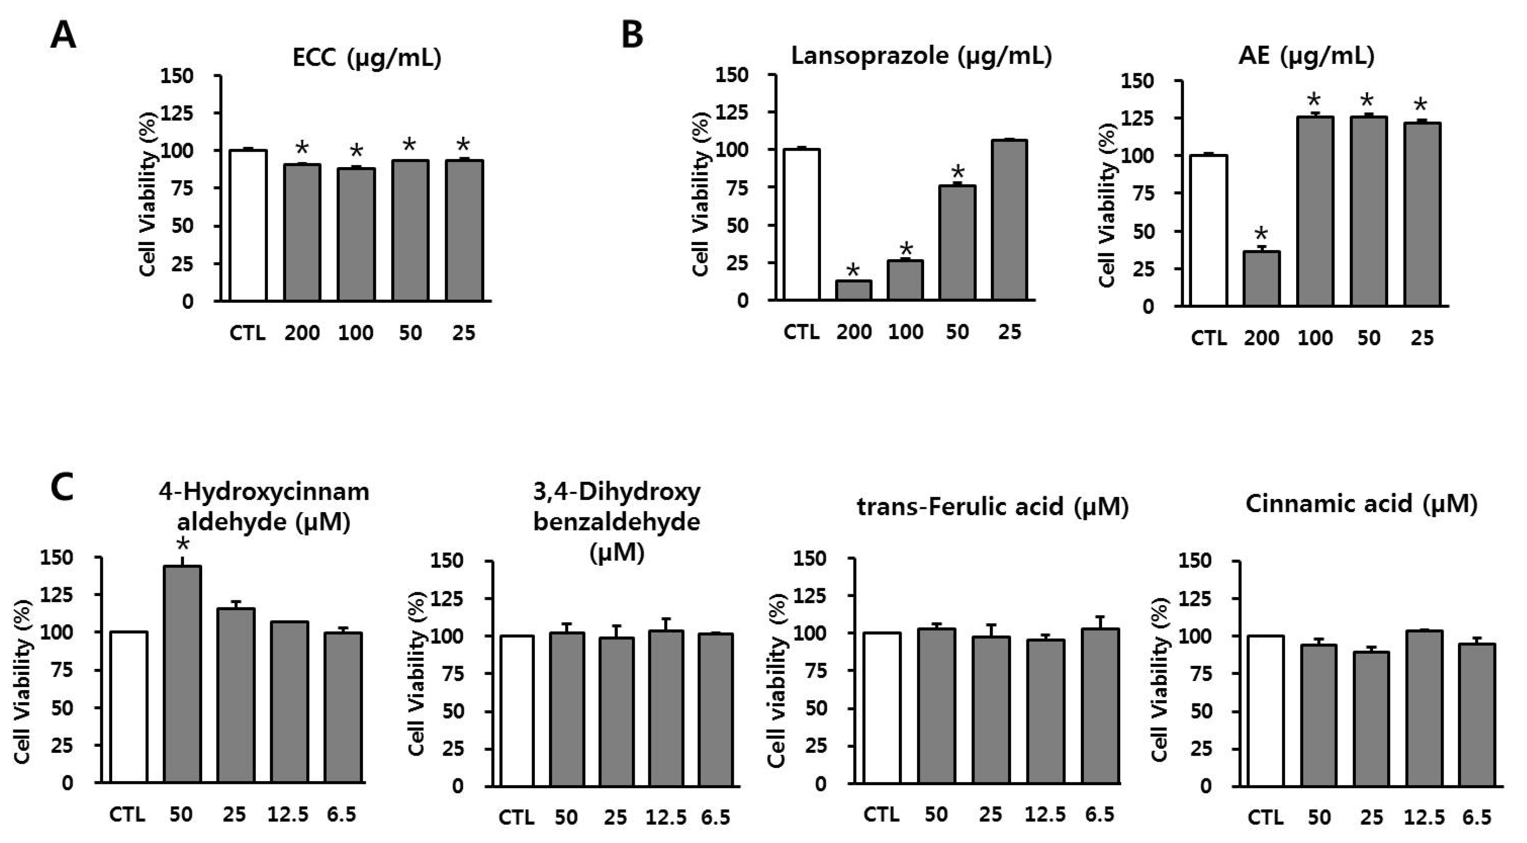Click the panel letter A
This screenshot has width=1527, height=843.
click(x=63, y=36)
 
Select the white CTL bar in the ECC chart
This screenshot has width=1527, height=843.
click(x=248, y=225)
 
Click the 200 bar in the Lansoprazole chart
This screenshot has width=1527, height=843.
click(x=854, y=290)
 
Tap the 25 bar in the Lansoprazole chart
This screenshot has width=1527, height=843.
click(x=1010, y=220)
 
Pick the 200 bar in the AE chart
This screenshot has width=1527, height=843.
click(x=1261, y=279)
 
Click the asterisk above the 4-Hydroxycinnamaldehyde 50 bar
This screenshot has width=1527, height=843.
click(x=183, y=544)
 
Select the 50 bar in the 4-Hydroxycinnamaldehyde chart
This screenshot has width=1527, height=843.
click(x=182, y=674)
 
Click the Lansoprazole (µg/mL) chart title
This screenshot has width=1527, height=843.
click(x=921, y=56)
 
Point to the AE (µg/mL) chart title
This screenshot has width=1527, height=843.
click(x=1306, y=56)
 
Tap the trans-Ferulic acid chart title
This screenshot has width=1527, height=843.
click(x=993, y=506)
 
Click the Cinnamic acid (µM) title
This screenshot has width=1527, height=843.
click(x=1361, y=504)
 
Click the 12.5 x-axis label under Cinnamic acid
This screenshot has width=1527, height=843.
click(x=1424, y=818)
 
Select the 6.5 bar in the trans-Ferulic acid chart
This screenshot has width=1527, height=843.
click(x=1100, y=706)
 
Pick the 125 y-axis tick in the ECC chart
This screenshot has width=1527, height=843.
click(x=177, y=113)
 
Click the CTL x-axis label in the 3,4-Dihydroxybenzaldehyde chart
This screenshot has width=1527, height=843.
click(x=517, y=818)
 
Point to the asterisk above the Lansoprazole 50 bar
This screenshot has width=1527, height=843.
click(x=958, y=173)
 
